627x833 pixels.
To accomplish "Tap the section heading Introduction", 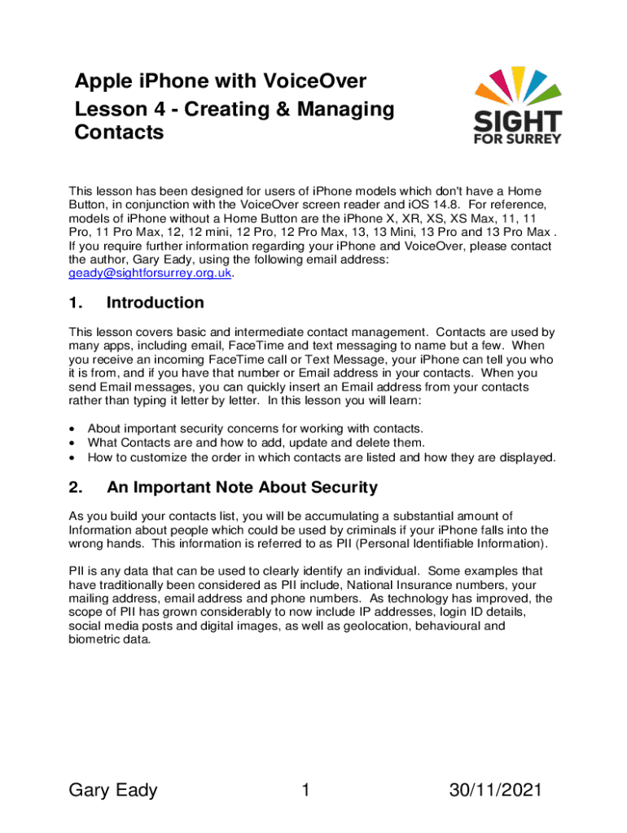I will (155, 303).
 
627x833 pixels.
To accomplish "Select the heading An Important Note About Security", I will (242, 488).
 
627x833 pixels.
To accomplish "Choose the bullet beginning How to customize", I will (322, 458).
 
